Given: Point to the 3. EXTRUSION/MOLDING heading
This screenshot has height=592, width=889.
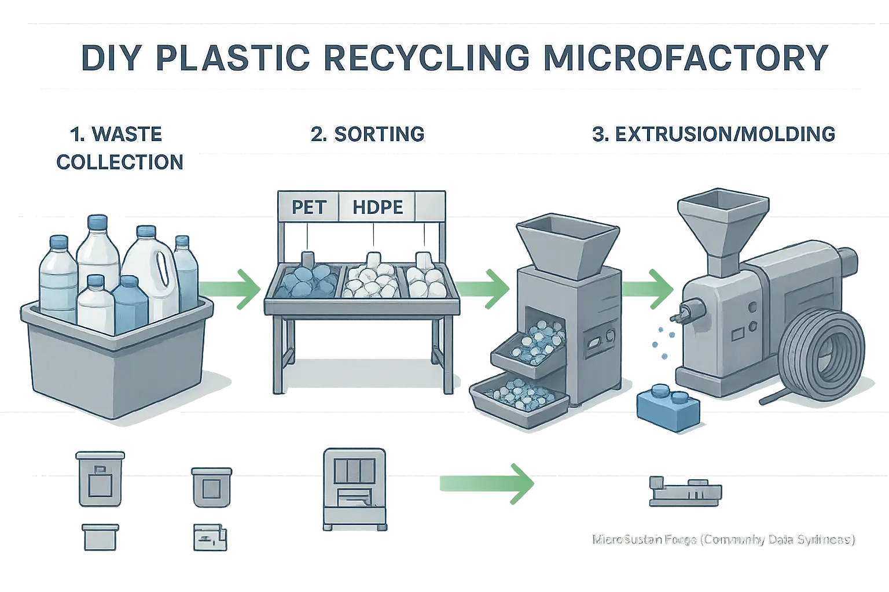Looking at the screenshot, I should pos(713,134).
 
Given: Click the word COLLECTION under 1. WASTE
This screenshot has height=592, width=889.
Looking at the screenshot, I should pos(120,162).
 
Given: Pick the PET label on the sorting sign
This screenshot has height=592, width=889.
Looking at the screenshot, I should pos(308,207).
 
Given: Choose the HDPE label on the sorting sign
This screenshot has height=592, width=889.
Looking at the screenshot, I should pos(376,207).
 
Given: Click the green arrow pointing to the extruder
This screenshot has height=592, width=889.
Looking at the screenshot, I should pos(651,283).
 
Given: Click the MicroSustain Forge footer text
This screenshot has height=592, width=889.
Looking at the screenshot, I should pos(723,541).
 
